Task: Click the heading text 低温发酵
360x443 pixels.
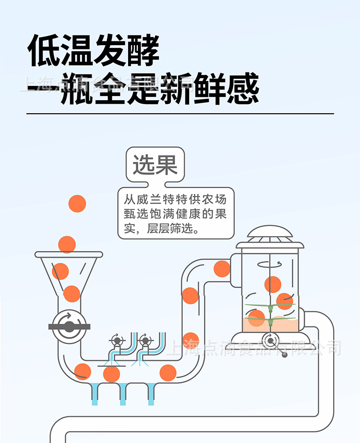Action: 93,50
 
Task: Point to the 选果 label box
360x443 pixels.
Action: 155,165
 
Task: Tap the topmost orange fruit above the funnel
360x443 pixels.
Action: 77,204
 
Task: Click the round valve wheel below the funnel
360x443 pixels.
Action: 70,326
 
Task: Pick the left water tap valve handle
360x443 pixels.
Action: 117,340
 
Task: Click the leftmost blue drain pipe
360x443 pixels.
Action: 95,394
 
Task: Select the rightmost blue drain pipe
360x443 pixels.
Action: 151,394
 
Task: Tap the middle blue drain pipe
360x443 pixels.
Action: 123,394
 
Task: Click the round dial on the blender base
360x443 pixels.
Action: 271,341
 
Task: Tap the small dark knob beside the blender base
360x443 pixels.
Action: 285,355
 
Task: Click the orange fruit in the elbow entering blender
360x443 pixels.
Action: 222,269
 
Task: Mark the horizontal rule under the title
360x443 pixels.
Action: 180,114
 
